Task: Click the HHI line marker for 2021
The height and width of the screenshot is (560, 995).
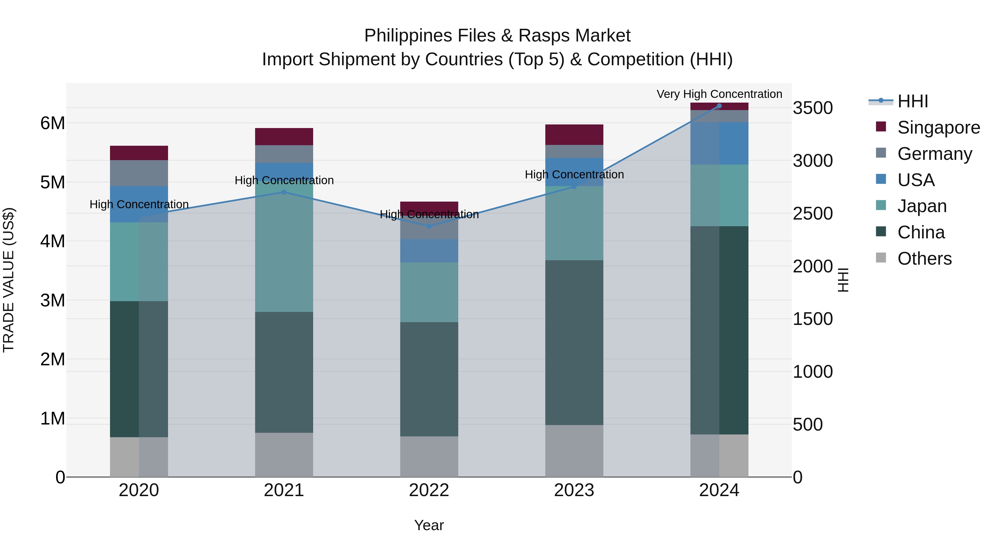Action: click(x=284, y=192)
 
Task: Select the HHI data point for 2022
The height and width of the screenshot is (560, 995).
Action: click(x=429, y=226)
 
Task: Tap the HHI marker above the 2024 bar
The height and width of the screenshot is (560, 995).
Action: click(x=719, y=106)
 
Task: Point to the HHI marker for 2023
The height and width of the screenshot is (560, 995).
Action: click(x=574, y=187)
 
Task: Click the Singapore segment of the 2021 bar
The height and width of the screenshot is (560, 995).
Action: click(x=284, y=136)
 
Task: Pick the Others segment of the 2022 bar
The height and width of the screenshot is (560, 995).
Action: click(x=429, y=456)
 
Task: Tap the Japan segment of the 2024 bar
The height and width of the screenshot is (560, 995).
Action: click(x=719, y=195)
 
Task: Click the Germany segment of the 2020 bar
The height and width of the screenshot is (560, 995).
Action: click(x=139, y=173)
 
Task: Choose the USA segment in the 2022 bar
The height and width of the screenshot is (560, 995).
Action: click(x=429, y=251)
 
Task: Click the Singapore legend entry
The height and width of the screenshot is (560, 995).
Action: click(x=939, y=127)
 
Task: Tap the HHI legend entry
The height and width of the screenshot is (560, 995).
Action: click(x=912, y=101)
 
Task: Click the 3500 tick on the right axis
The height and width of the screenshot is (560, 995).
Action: click(x=813, y=108)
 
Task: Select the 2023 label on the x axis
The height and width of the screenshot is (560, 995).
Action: click(x=574, y=490)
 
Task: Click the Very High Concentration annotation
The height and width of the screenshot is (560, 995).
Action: click(x=719, y=94)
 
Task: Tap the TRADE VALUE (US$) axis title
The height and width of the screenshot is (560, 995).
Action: click(x=9, y=280)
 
